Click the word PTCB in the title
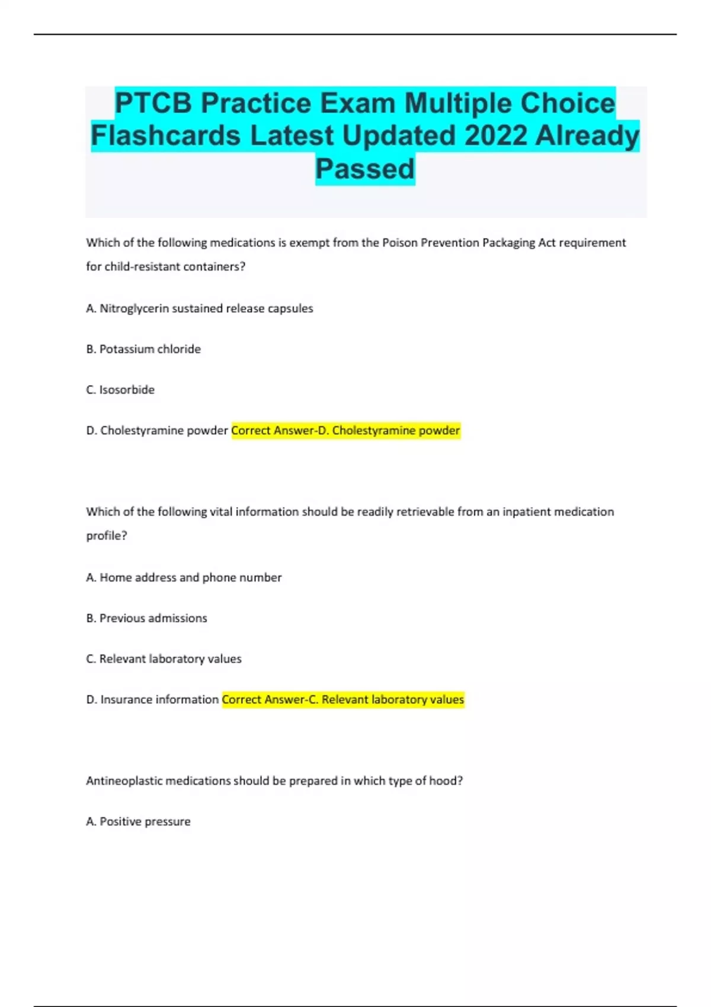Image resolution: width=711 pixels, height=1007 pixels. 153,104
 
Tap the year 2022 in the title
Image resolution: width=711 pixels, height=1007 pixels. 495,136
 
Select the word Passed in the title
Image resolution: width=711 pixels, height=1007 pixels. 365,169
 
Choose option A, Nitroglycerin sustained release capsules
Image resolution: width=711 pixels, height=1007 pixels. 200,309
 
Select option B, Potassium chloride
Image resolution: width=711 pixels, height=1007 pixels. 143,349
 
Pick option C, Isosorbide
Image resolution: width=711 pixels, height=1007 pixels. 120,390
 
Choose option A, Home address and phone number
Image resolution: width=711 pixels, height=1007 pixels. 184,578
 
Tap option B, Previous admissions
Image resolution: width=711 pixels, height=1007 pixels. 147,618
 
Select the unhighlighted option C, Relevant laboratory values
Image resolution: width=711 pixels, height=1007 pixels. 164,659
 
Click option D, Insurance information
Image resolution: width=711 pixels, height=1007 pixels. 152,700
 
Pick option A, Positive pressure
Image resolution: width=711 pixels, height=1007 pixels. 138,822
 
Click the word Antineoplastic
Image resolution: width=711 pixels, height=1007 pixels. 124,781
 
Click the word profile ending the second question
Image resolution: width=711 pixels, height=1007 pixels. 105,535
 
